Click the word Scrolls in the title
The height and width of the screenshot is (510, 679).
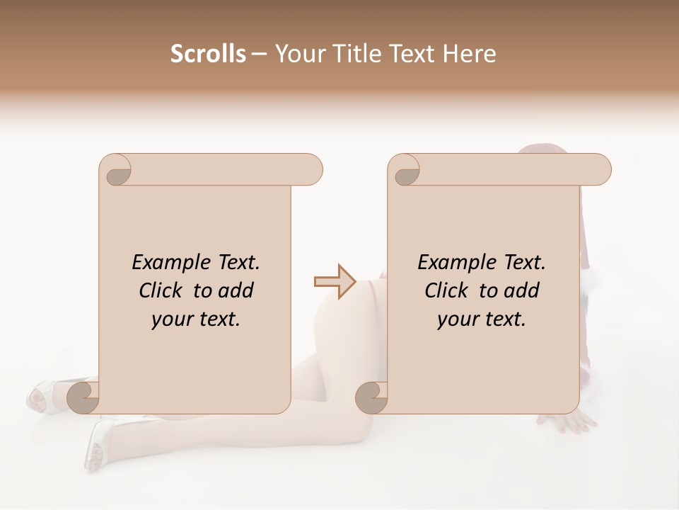(x=209, y=54)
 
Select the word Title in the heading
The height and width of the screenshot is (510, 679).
(x=358, y=54)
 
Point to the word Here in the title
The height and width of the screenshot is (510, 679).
(x=470, y=54)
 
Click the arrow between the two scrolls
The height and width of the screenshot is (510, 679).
(x=335, y=281)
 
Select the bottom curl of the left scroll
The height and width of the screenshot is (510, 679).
(x=83, y=397)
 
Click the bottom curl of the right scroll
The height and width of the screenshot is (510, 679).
(x=371, y=397)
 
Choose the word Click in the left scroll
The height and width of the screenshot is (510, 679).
(x=161, y=290)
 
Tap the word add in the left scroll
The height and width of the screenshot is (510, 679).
(x=236, y=290)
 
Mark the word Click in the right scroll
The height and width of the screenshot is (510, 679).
(x=447, y=290)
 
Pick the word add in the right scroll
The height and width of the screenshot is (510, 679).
(x=522, y=290)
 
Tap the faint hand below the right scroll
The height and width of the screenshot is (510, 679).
(x=573, y=423)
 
